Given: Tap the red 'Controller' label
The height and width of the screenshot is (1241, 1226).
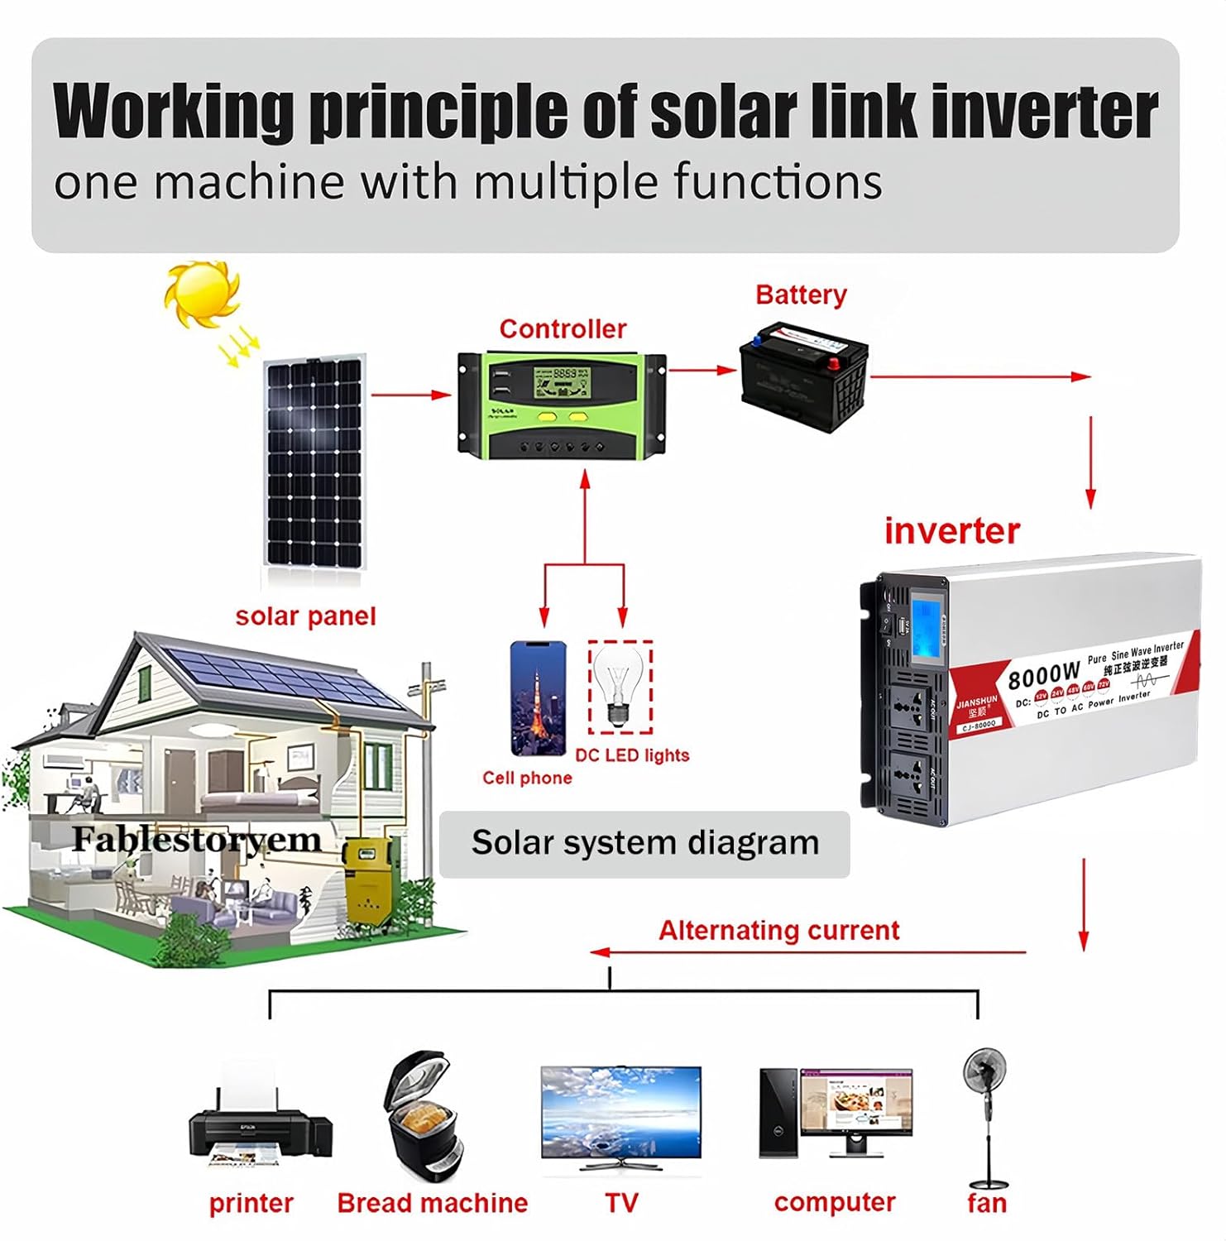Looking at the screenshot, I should [x=563, y=328].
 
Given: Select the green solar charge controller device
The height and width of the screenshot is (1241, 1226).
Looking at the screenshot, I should [x=562, y=405].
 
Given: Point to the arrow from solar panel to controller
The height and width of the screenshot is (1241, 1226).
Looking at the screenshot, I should [x=411, y=395].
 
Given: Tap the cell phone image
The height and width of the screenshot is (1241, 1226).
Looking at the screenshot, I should [x=539, y=698].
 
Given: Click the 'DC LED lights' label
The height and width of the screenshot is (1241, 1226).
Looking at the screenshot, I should [x=632, y=755].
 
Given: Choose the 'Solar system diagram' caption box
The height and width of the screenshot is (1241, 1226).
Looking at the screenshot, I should [x=644, y=843].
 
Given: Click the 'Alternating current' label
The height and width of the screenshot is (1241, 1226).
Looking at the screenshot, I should [x=778, y=930].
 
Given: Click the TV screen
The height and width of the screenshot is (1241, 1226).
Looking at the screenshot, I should [x=620, y=1113].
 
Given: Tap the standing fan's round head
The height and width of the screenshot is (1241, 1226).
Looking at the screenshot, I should [x=985, y=1071].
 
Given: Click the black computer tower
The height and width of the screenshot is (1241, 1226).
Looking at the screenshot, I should [x=778, y=1112].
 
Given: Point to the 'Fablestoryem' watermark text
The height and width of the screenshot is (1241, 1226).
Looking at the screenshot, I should [x=196, y=839].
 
